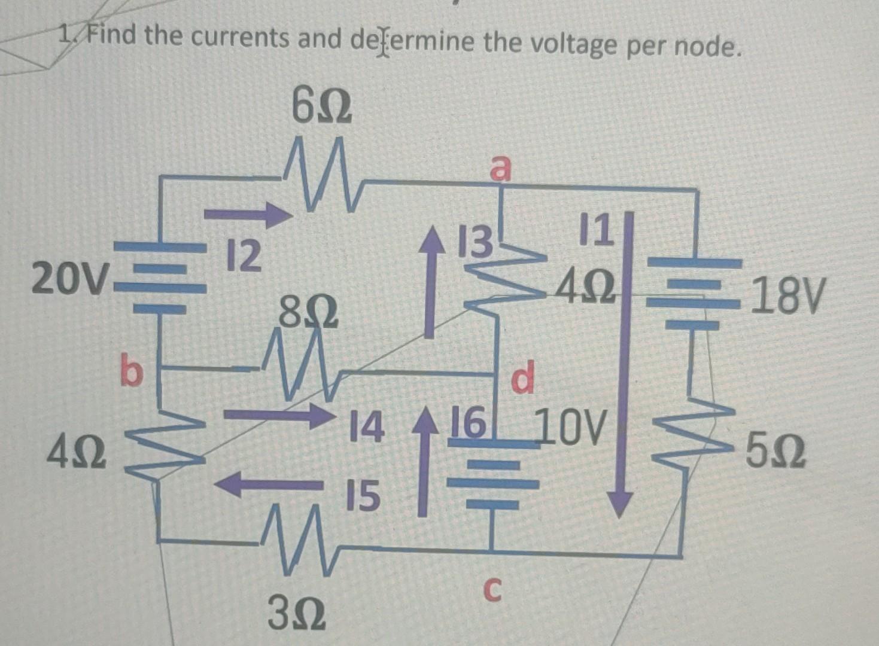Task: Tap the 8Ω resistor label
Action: coord(308,313)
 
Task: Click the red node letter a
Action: coord(501,168)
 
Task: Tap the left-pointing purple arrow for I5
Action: coord(269,483)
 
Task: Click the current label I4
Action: coord(365,428)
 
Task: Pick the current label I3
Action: coord(473,243)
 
